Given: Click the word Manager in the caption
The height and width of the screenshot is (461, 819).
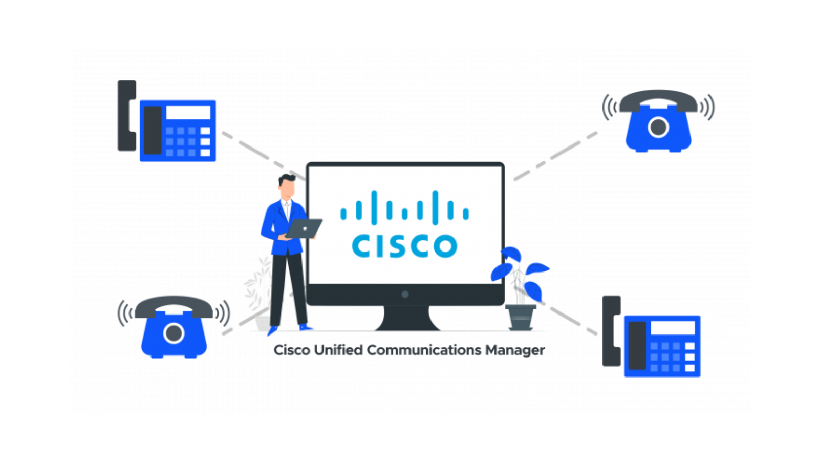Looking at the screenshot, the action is tap(515, 350).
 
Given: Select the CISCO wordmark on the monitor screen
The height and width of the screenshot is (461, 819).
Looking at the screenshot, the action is tap(404, 245).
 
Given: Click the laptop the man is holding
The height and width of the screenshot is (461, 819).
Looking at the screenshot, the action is tap(304, 228).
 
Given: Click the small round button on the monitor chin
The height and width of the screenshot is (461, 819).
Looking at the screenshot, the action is tap(405, 294).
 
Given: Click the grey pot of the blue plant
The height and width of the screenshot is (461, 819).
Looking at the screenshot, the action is tap(520, 317).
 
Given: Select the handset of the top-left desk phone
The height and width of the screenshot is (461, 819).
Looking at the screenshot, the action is tap(127, 116).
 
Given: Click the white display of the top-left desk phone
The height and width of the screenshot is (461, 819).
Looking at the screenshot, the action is tap(188, 112).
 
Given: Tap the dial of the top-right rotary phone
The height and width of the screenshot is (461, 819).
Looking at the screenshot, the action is tap(658, 128).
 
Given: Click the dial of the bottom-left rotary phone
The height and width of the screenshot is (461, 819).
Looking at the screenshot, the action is tap(174, 333).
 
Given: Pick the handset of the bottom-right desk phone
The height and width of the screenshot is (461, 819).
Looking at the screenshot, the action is tap(611, 331).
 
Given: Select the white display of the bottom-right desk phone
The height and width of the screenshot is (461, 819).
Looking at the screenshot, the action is tap(673, 327).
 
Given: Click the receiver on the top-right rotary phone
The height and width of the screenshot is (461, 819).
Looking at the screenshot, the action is tap(658, 99).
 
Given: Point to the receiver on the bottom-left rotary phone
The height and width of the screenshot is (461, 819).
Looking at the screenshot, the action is tap(174, 305).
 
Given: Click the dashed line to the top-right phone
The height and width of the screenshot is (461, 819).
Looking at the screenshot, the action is tap(555, 156).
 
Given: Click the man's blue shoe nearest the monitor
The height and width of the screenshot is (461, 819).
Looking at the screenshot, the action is tap(305, 327).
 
